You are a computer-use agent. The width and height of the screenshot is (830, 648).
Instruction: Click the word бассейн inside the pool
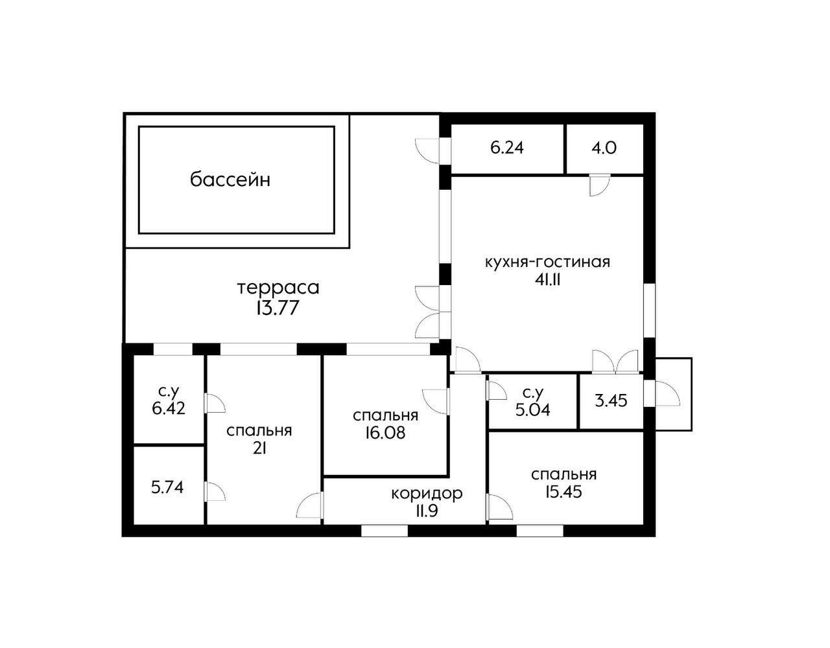click(x=230, y=179)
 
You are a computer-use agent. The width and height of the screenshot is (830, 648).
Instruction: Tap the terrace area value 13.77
click(x=278, y=308)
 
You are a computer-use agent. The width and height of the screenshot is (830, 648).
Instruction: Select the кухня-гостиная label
click(x=547, y=262)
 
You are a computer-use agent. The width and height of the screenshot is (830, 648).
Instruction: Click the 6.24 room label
click(x=507, y=148)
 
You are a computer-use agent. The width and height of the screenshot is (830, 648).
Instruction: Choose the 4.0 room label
click(x=604, y=148)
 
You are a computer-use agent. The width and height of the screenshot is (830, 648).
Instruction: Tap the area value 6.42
click(x=169, y=409)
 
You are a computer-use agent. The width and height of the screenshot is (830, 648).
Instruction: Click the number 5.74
click(x=167, y=487)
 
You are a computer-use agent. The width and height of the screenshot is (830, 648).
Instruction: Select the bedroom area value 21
click(x=259, y=449)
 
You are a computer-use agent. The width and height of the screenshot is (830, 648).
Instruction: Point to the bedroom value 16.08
click(x=385, y=433)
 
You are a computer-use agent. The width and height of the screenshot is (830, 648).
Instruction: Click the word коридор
click(x=427, y=493)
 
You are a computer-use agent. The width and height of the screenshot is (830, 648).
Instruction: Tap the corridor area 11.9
click(x=427, y=511)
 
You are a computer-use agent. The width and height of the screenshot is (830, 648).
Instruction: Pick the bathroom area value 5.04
click(x=532, y=410)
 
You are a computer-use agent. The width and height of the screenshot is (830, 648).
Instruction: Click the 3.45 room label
click(x=611, y=400)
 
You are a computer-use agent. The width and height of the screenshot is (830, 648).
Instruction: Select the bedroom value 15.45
click(x=563, y=492)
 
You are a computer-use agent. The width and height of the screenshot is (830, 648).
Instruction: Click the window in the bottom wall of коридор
click(x=384, y=531)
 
